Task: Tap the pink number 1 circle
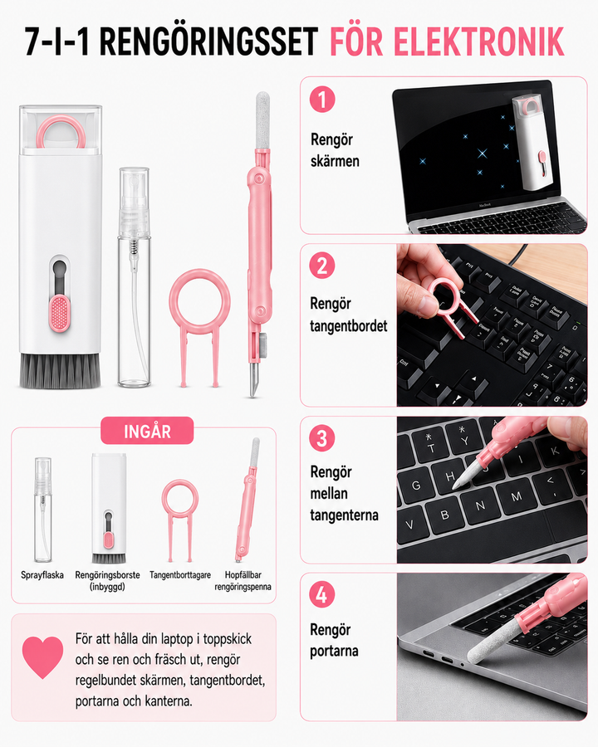click(322, 100)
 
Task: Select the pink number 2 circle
click(322, 266)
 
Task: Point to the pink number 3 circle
click(322, 438)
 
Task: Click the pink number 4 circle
click(322, 594)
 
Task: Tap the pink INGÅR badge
click(147, 431)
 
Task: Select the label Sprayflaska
click(42, 575)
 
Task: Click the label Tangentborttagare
click(179, 575)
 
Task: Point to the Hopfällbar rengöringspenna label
click(243, 581)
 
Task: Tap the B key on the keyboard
click(444, 515)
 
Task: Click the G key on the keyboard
click(416, 486)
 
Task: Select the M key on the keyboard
click(517, 497)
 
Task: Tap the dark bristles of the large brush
click(60, 369)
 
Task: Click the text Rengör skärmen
click(335, 150)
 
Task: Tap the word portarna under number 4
click(334, 651)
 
